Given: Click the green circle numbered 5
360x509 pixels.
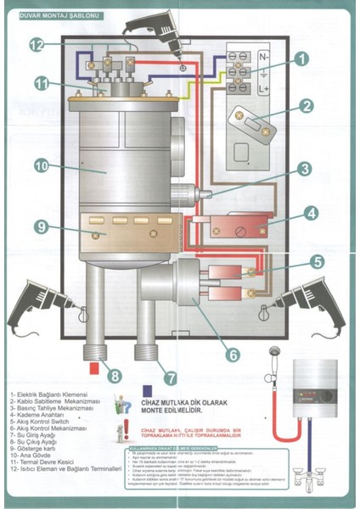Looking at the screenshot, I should click(x=315, y=262).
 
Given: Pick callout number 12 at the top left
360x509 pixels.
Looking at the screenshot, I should click(x=37, y=44).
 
